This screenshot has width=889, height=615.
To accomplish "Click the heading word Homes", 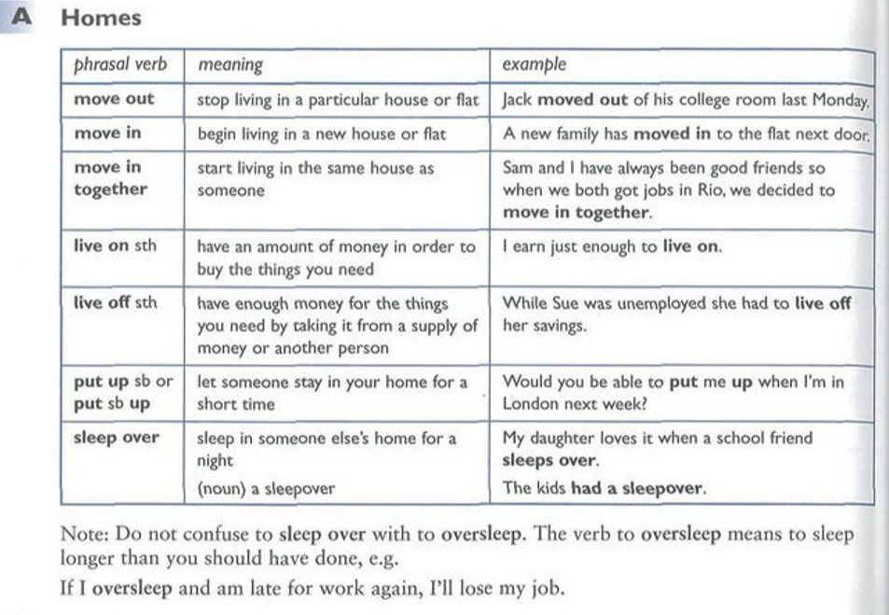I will pyautogui.click(x=101, y=18).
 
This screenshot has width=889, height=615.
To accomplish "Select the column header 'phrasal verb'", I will pyautogui.click(x=120, y=64).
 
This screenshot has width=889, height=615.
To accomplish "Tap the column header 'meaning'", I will pyautogui.click(x=229, y=64).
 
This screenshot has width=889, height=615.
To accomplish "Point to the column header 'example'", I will pyautogui.click(x=534, y=64).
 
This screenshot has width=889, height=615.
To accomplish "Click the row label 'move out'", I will pyautogui.click(x=115, y=99).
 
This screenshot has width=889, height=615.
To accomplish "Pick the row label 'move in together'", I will pyautogui.click(x=111, y=178).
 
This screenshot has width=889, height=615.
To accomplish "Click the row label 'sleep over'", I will pyautogui.click(x=117, y=438).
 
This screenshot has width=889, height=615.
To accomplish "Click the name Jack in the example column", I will pyautogui.click(x=518, y=100).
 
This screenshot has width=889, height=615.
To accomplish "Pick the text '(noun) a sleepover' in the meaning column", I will pyautogui.click(x=266, y=488).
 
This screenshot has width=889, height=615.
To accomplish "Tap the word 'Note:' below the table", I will pyautogui.click(x=82, y=536).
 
